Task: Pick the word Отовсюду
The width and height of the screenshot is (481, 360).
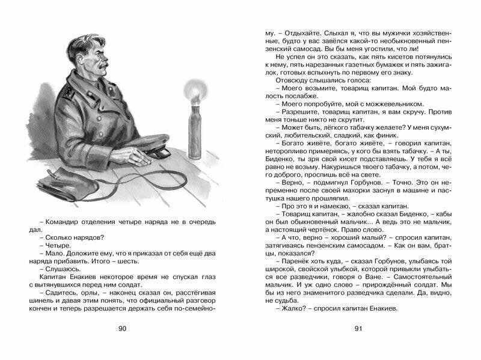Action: pos(293,80)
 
